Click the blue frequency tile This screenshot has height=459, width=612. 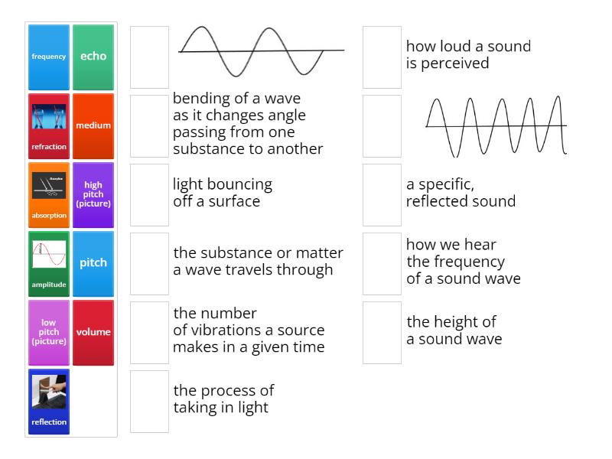49,57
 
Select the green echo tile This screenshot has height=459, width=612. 93,57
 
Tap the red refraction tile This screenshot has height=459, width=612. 49,125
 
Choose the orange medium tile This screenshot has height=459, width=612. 93,125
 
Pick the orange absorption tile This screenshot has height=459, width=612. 49,194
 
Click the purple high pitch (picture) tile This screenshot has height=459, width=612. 93,194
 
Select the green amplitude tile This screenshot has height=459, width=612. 49,263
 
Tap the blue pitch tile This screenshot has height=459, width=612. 93,263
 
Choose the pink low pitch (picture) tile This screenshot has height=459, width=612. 49,332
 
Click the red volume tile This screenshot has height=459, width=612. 93,332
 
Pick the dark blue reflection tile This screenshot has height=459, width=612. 49,401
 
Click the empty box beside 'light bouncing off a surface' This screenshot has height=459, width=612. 149,194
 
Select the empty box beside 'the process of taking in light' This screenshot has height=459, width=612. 149,401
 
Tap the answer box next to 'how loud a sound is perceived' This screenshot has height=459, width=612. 382,57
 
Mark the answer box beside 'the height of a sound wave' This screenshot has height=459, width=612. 382,332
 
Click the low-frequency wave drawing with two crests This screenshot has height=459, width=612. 260,51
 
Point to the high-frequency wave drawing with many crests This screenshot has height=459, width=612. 496,125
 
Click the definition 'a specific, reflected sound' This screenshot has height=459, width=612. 461,193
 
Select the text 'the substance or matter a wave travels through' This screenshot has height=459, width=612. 258,261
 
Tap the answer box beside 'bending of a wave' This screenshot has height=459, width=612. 149,125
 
